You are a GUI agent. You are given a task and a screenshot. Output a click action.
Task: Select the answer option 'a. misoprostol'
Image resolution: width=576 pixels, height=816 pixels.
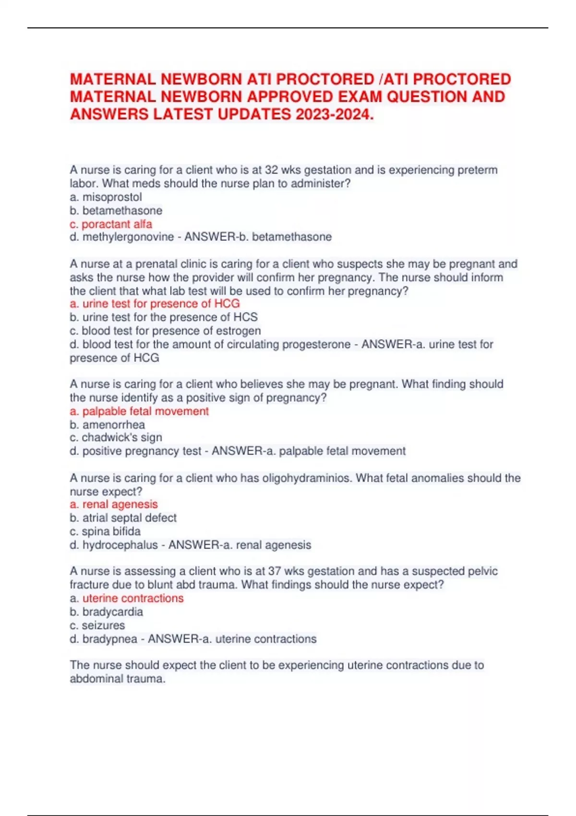click(x=106, y=197)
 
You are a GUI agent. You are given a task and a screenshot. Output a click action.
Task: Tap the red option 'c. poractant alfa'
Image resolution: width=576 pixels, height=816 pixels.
click(x=111, y=224)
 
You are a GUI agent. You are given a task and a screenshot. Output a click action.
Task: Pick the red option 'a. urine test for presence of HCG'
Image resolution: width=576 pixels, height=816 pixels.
click(x=155, y=303)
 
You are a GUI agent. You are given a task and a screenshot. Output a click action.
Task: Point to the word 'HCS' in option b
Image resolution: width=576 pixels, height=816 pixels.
click(x=245, y=317)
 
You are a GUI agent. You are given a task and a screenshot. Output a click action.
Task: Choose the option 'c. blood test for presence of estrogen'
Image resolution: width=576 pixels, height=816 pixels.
click(x=165, y=330)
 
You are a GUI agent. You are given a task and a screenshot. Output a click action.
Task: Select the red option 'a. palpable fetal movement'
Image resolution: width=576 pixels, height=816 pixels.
click(x=139, y=411)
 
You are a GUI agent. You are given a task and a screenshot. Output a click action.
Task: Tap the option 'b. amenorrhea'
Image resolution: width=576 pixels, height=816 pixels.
click(x=107, y=424)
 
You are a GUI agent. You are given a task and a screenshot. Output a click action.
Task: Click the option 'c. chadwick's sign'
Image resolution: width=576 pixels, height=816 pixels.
click(x=116, y=437)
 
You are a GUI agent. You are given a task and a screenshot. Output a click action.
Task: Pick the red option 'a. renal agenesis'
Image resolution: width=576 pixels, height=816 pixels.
click(x=114, y=504)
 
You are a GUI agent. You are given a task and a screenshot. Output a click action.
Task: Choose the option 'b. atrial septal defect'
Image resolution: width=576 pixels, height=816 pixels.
click(x=123, y=517)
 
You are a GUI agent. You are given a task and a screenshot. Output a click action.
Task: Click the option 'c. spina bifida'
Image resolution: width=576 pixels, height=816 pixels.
click(x=105, y=531)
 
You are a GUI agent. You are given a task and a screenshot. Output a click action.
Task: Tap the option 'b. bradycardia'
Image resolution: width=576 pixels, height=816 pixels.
click(x=106, y=612)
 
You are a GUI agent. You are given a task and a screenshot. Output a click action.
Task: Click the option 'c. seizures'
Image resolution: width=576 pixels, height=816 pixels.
click(x=97, y=625)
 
